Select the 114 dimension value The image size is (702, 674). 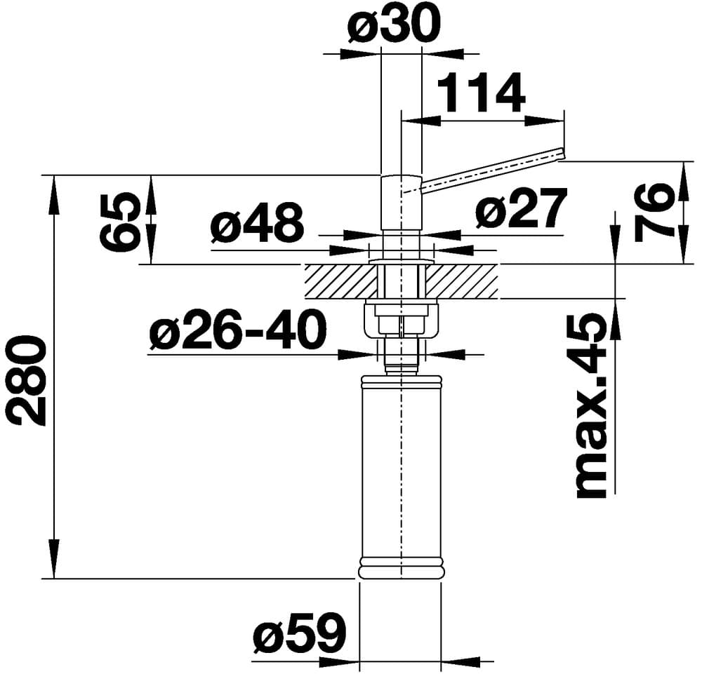tap(481, 93)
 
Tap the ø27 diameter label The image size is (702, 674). tap(520, 210)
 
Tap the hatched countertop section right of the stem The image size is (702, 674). tap(463, 281)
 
